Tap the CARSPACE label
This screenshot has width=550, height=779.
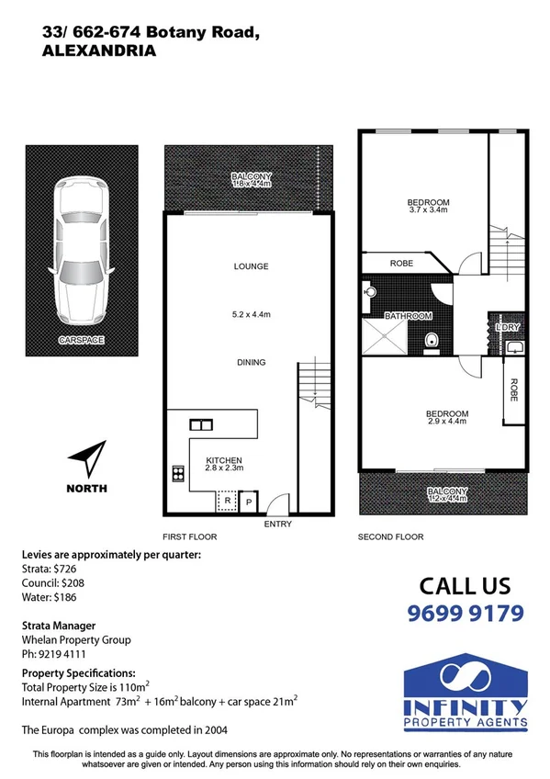[x=82, y=340]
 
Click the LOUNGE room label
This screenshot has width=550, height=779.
[x=251, y=266]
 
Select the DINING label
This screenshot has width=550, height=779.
[x=251, y=363]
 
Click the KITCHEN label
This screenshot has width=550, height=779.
[x=223, y=460]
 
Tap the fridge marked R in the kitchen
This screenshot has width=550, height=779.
[x=226, y=502]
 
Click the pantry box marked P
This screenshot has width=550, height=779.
[x=248, y=502]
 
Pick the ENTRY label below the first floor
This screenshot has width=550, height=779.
[x=277, y=524]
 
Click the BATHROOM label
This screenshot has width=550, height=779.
[x=409, y=316]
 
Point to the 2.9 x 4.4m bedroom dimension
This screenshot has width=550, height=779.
[x=447, y=422]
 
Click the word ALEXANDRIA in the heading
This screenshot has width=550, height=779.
[x=99, y=52]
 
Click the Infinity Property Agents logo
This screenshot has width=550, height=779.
[x=466, y=694]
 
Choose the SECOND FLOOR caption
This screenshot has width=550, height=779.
[x=390, y=536]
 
